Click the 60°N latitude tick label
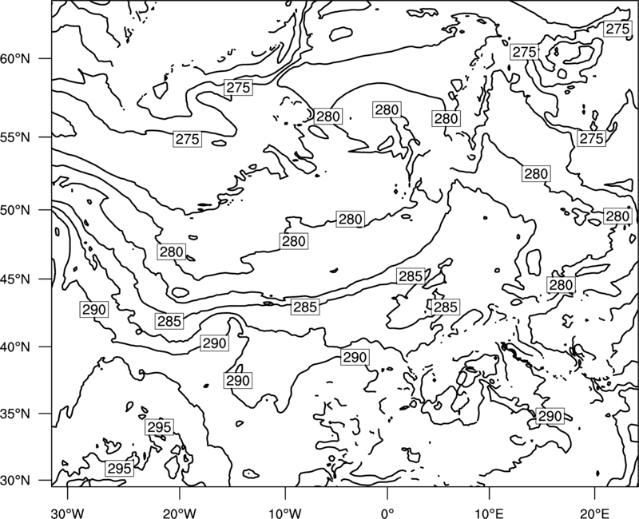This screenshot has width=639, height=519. click(15, 58)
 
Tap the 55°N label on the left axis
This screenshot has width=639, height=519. click(15, 137)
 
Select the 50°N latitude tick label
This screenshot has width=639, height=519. click(15, 210)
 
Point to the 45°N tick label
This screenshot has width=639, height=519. click(15, 279)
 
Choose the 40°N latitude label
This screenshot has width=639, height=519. click(15, 347)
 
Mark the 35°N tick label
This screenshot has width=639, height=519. click(15, 414)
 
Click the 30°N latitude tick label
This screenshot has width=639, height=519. click(15, 481)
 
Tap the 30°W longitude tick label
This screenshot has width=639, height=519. click(68, 513)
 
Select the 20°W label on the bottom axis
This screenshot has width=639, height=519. click(179, 513)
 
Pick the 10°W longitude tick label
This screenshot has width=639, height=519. click(285, 513)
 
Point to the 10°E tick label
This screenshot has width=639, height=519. click(489, 513)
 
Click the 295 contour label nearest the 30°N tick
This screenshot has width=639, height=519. click(119, 469)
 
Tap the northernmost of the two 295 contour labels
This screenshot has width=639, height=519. click(159, 427)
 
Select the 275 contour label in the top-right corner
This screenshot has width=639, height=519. click(617, 29)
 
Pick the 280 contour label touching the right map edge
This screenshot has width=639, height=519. click(617, 216)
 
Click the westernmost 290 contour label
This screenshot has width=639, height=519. click(94, 310)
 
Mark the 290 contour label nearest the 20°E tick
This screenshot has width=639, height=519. click(550, 416)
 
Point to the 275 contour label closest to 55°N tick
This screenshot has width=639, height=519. click(188, 139)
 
